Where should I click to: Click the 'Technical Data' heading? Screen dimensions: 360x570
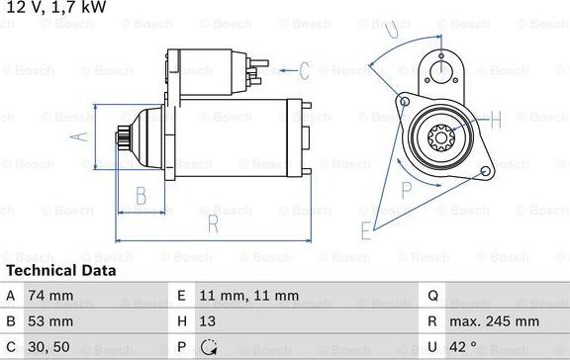coord(61,270)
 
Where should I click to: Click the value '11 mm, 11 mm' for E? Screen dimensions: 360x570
coord(249,296)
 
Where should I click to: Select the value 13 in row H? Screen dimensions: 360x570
coord(209,321)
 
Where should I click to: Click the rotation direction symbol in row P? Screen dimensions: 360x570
coord(209,347)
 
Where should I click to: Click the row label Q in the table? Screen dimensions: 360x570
coord(432,296)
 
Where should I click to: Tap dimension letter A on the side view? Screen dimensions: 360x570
coord(82,136)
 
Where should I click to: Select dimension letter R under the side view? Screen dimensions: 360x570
coord(212,224)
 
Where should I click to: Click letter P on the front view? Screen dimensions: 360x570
coord(407,188)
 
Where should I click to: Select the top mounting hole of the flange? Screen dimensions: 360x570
coord(441,69)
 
